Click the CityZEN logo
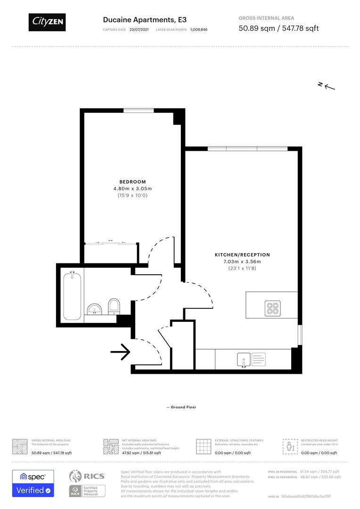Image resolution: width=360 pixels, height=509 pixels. coord(47,22)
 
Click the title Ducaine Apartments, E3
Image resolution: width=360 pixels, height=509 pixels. coord(145,20)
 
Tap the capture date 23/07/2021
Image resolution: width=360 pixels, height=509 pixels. coord(139,30)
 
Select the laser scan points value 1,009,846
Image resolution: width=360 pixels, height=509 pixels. coord(198,30)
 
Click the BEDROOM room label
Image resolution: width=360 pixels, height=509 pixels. coord(132,182)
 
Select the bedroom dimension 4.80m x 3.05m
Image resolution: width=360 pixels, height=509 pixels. coord(132,189)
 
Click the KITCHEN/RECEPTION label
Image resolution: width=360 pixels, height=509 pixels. coord(242,255)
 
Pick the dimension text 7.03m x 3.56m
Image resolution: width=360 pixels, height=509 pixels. coord(242,262)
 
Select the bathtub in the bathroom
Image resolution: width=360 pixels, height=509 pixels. coord(73,295)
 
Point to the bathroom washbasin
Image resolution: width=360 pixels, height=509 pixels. coord(95,309)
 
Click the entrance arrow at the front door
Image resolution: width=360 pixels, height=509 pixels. coord(120,352)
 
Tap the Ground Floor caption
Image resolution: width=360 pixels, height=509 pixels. coord(181,407)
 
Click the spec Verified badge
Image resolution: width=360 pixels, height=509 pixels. coord(33,483)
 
